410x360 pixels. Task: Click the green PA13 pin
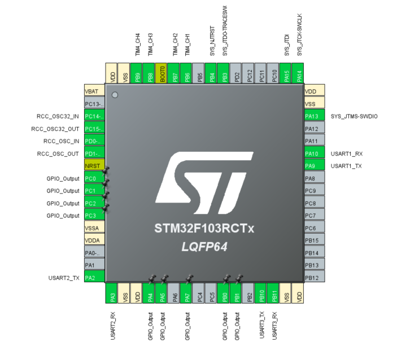pyautogui.click(x=314, y=116)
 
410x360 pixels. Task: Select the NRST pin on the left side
pyautogui.click(x=94, y=166)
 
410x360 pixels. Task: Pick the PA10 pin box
pyautogui.click(x=314, y=153)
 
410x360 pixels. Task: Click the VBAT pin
pyautogui.click(x=94, y=91)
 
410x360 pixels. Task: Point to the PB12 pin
pyautogui.click(x=314, y=278)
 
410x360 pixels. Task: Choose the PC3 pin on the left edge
pyautogui.click(x=94, y=216)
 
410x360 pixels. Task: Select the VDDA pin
pyautogui.click(x=94, y=240)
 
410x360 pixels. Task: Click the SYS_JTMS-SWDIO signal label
pyautogui.click(x=354, y=116)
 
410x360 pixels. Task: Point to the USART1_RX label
pyautogui.click(x=346, y=153)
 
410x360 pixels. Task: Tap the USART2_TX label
pyautogui.click(x=64, y=278)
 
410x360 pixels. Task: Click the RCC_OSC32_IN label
pyautogui.click(x=58, y=116)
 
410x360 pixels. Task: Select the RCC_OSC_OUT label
pyautogui.click(x=58, y=153)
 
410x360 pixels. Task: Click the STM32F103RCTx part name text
pyautogui.click(x=204, y=230)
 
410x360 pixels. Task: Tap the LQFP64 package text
pyautogui.click(x=204, y=247)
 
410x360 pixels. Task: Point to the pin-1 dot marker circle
pyautogui.click(x=115, y=95)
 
